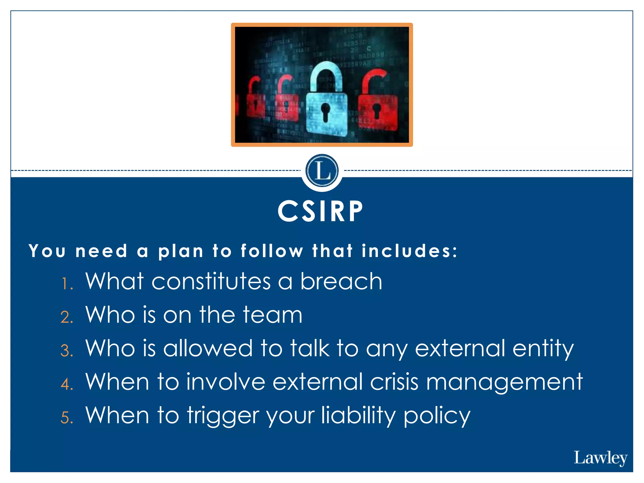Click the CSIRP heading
click(x=320, y=211)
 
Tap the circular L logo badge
click(x=322, y=171)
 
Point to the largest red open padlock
click(x=377, y=104)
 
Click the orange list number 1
click(x=66, y=284)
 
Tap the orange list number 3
click(x=66, y=351)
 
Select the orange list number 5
click(x=66, y=418)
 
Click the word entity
click(x=543, y=348)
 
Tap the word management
click(x=504, y=382)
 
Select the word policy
click(x=437, y=416)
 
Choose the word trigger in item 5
click(x=223, y=416)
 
